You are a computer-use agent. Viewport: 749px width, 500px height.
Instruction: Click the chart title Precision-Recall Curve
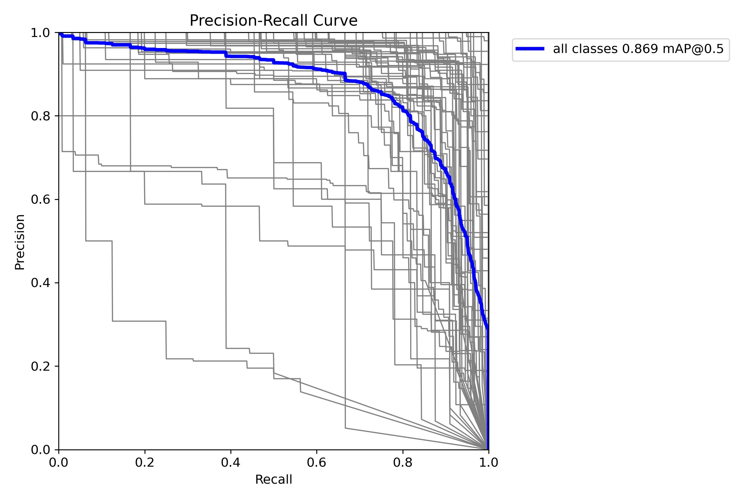point(273,21)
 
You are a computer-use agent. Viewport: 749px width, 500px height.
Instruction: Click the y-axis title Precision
point(20,242)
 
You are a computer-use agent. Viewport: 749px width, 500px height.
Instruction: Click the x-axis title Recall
point(273,479)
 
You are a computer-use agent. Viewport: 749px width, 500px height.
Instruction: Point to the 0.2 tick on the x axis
point(144,462)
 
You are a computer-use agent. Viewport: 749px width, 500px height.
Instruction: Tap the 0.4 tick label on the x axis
point(230,462)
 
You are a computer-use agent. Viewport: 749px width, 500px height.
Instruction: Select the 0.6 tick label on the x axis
point(316,462)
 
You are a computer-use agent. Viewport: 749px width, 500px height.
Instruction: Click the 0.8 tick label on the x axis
point(402,462)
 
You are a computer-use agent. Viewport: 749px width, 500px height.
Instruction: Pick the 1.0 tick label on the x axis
point(488,462)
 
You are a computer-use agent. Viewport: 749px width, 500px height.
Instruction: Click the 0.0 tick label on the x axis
point(59,462)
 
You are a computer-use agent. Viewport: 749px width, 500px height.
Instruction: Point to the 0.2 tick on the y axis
point(40,366)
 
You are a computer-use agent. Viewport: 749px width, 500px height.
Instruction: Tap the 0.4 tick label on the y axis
point(40,283)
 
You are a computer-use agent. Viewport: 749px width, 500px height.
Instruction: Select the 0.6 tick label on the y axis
point(40,200)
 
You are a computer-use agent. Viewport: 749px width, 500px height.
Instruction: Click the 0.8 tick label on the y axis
point(40,116)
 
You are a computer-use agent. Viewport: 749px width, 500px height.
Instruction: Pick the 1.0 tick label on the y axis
point(40,33)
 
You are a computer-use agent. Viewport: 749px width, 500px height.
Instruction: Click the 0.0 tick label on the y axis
point(40,450)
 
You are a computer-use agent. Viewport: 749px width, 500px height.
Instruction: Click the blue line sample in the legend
point(530,49)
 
